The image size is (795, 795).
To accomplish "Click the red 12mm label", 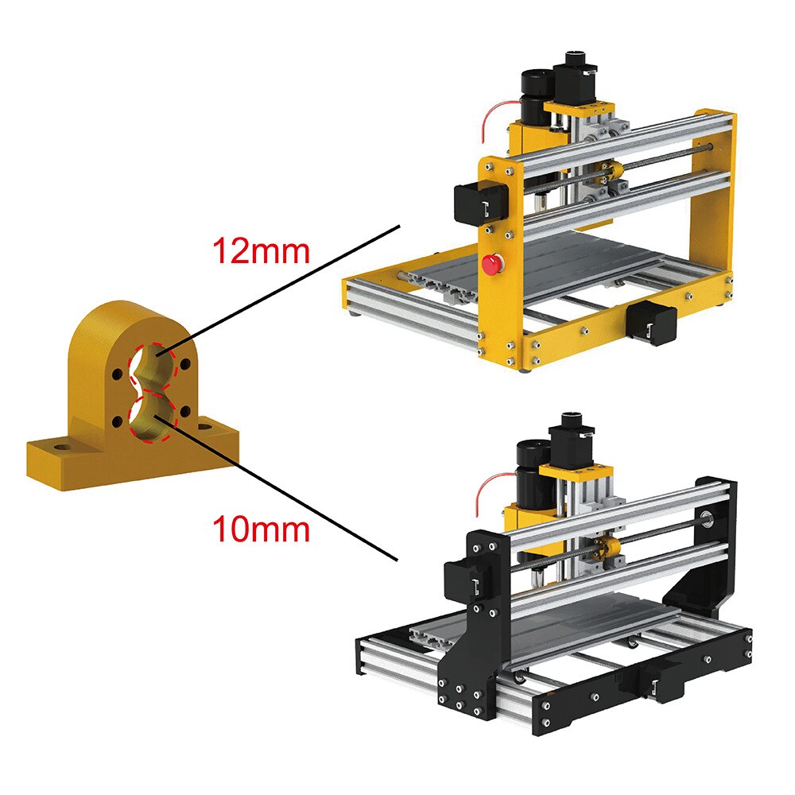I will pos(259,251).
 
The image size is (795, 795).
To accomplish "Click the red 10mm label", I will pos(260,528).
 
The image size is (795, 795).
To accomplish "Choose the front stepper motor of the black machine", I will pos(661,682).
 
